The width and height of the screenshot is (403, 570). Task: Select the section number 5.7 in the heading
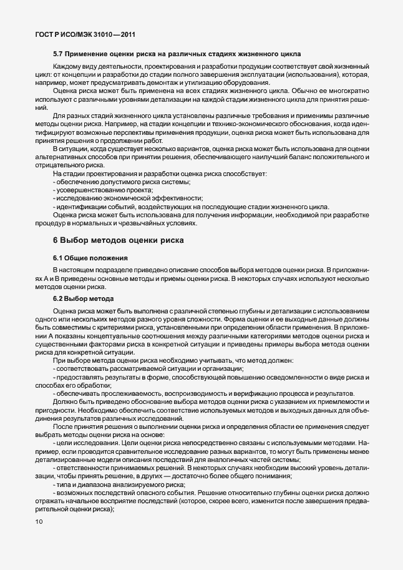[59, 54]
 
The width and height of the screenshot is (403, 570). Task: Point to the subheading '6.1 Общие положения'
[90, 257]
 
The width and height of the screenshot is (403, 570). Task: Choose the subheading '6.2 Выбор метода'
[82, 298]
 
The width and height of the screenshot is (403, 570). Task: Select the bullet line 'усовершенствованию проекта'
[104, 190]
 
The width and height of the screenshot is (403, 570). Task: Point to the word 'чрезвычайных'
[137, 224]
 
